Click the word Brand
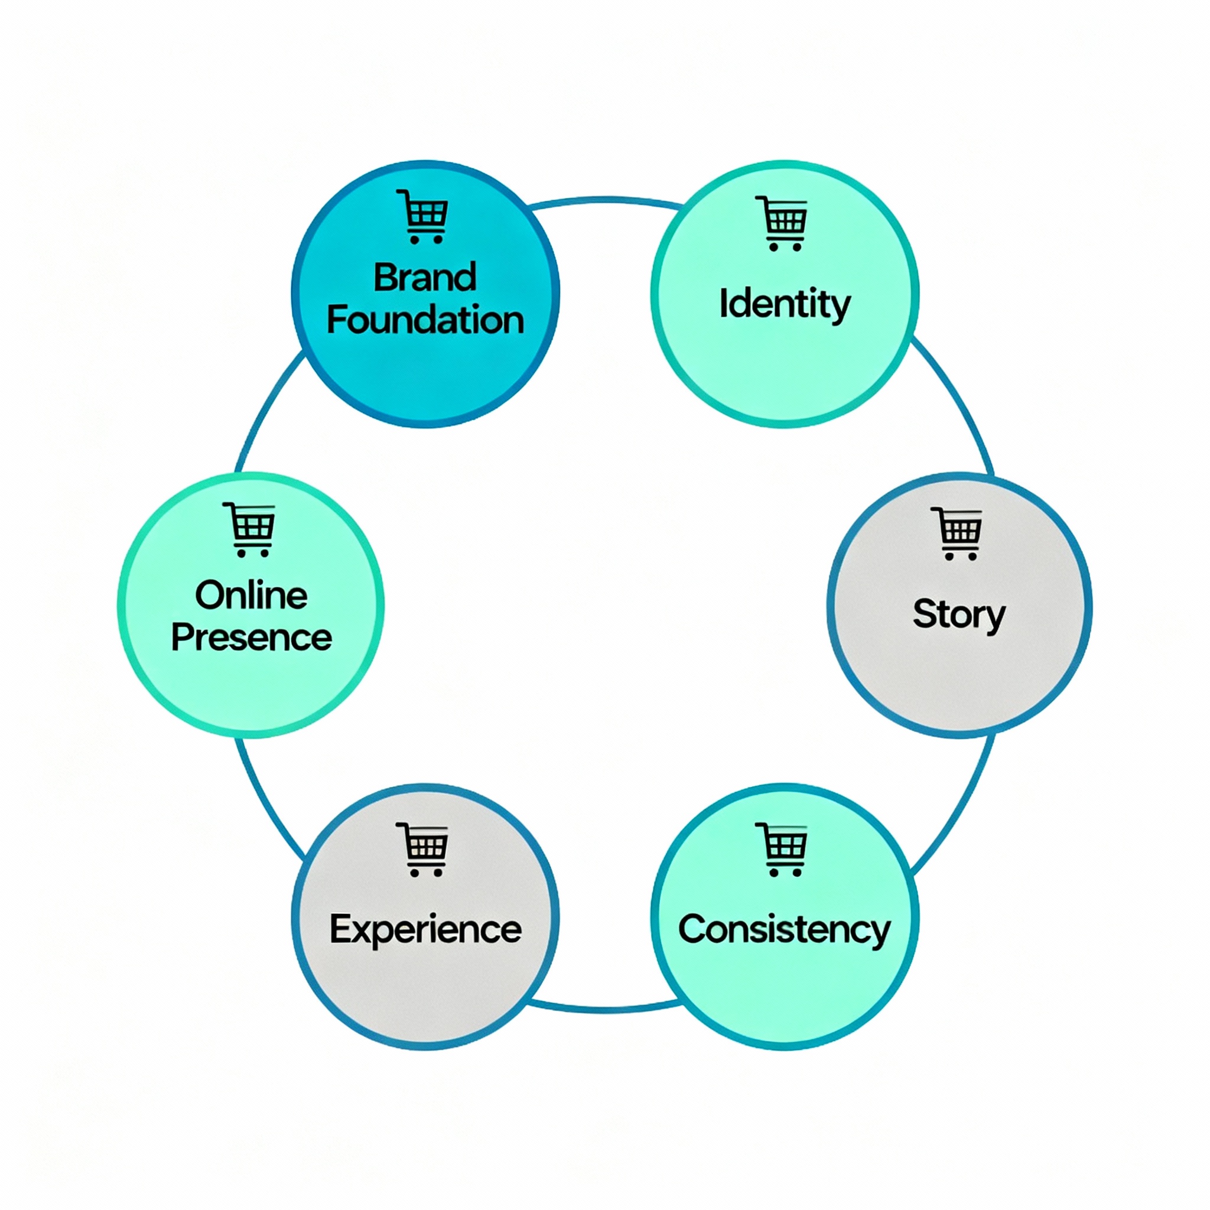pyautogui.click(x=425, y=278)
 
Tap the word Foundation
pyautogui.click(x=425, y=320)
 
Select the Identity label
pyautogui.click(x=784, y=304)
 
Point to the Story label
pyautogui.click(x=958, y=614)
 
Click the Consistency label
pyautogui.click(x=784, y=929)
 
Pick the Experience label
pyautogui.click(x=425, y=929)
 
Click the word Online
pyautogui.click(x=251, y=595)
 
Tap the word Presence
pyautogui.click(x=251, y=637)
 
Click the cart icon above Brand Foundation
pyautogui.click(x=424, y=216)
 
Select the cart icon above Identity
pyautogui.click(x=782, y=223)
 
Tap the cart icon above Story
pyautogui.click(x=957, y=533)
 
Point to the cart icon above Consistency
pyautogui.click(x=782, y=848)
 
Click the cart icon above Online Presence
pyautogui.click(x=250, y=529)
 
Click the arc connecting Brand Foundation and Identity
pyautogui.click(x=604, y=200)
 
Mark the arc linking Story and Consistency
pyautogui.click(x=958, y=808)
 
